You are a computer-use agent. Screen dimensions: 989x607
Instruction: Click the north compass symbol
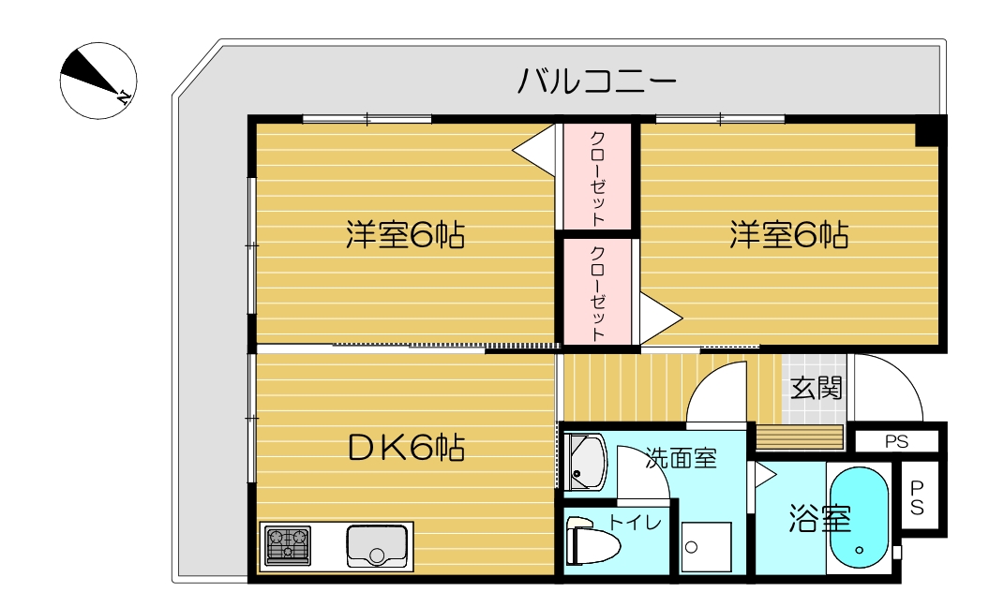tap(98, 81)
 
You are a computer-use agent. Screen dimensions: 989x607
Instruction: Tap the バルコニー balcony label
tap(596, 81)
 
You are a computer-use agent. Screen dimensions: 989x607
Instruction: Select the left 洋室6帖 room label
tap(405, 235)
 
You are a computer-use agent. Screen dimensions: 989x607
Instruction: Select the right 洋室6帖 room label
tap(789, 234)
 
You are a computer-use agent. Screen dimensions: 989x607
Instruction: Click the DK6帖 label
tap(407, 448)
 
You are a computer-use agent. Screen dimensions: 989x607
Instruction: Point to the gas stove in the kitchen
tap(288, 545)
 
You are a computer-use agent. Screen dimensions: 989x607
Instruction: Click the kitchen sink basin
tap(377, 546)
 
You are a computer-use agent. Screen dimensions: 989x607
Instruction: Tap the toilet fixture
tap(592, 540)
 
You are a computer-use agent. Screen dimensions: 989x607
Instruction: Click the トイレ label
tap(635, 522)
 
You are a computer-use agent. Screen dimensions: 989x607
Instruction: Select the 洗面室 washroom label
tap(682, 458)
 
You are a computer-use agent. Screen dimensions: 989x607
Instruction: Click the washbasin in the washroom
tap(585, 462)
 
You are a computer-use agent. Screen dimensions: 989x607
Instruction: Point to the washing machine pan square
tap(707, 546)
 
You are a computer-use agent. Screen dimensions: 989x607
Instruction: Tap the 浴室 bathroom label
tap(820, 519)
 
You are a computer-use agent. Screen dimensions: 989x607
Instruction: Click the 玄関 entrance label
tap(817, 388)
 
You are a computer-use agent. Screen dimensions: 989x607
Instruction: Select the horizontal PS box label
tap(896, 441)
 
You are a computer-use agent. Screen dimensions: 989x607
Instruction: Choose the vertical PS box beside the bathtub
tap(920, 496)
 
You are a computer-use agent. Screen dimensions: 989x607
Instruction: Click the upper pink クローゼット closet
tap(597, 177)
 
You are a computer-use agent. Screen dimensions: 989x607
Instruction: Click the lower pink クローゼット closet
tap(597, 292)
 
